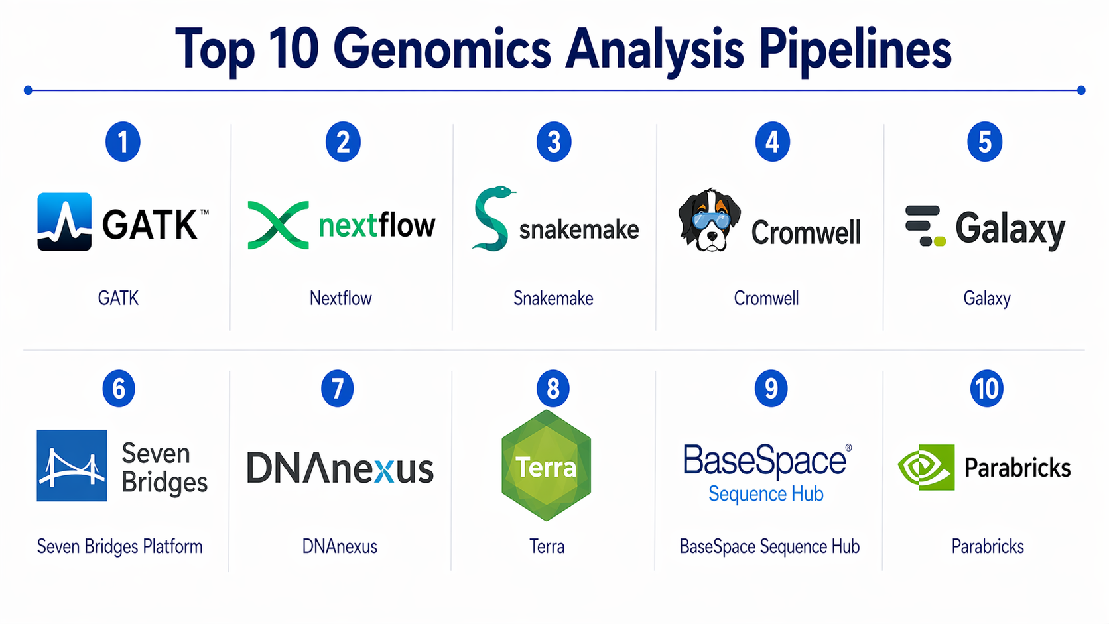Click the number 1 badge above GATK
123,141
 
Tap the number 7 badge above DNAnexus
337,389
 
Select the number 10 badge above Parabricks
987,389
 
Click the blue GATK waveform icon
64,221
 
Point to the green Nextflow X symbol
278,225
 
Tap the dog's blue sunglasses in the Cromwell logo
710,220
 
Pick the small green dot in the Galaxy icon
939,241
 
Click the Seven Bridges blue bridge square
72,465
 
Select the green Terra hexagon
546,465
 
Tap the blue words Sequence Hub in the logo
766,494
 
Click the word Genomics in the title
442,50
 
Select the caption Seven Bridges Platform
120,546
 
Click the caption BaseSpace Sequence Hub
769,547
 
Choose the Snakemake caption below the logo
553,298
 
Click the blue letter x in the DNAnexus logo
384,471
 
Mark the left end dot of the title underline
29,90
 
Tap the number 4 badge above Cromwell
772,141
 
